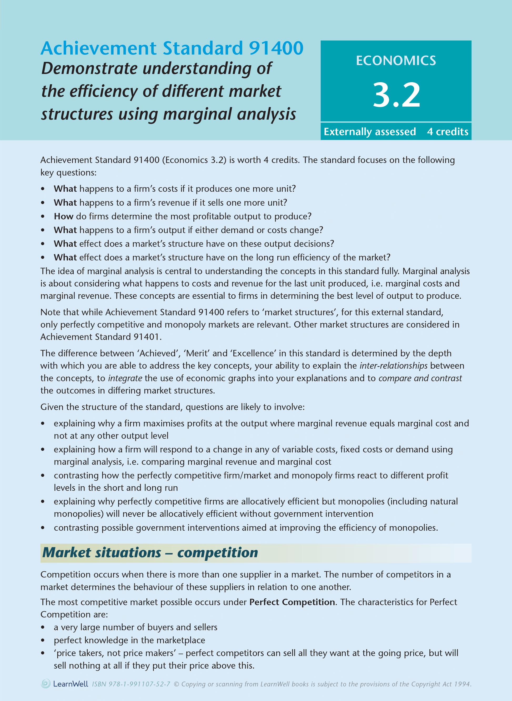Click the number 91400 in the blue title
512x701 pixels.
(x=276, y=48)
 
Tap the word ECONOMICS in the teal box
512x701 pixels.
(x=396, y=61)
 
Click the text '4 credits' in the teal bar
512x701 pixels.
(x=447, y=131)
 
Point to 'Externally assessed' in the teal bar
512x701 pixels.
(x=369, y=131)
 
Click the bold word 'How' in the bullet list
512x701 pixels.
(x=63, y=216)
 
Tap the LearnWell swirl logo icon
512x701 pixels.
(x=46, y=684)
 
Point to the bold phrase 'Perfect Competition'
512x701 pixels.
(x=292, y=602)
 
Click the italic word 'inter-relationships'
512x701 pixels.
(x=393, y=366)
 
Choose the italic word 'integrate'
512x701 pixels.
(x=125, y=378)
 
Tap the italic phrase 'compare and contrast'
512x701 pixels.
(x=420, y=378)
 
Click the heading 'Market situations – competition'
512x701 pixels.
(x=150, y=553)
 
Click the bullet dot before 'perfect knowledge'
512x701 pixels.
(x=43, y=640)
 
